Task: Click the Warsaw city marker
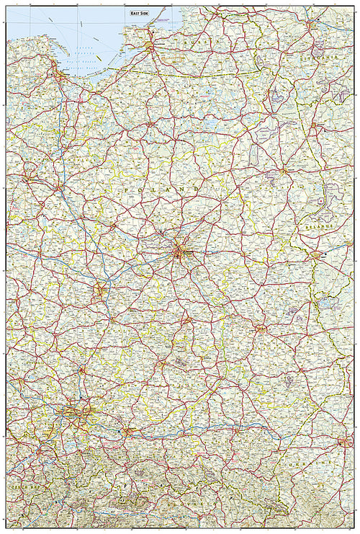click(179, 252)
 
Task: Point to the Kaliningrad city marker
click(150, 47)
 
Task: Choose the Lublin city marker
click(261, 329)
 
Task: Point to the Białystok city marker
click(285, 172)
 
